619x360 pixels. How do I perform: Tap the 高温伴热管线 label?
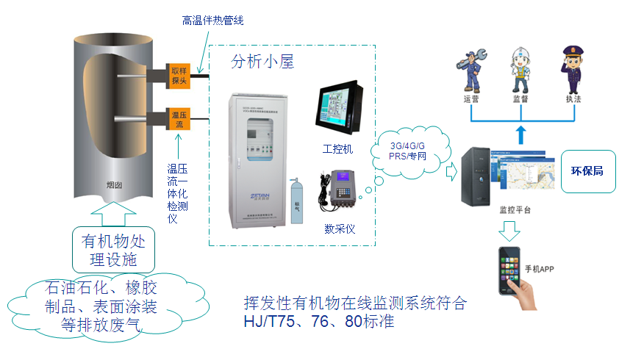pyautogui.click(x=212, y=20)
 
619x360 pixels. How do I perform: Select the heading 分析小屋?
pyautogui.click(x=262, y=62)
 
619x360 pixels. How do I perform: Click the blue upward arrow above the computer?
pyautogui.click(x=520, y=134)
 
